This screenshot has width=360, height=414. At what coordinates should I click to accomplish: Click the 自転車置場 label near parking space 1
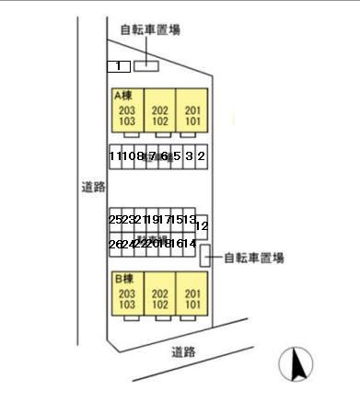(x=150, y=29)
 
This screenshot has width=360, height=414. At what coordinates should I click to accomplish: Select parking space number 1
(x=117, y=66)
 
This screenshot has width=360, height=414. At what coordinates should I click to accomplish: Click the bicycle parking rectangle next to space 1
(x=146, y=65)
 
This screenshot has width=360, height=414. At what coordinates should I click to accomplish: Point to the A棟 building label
(x=124, y=95)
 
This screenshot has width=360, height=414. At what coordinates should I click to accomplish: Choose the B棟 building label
(x=124, y=278)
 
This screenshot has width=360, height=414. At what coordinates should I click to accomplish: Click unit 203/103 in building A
(x=127, y=115)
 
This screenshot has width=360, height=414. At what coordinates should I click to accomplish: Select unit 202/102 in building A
(x=159, y=115)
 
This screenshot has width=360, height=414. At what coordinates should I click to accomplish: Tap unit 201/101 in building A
(x=192, y=115)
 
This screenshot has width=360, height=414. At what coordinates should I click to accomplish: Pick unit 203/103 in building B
(x=127, y=298)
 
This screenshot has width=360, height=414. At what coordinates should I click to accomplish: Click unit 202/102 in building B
(x=159, y=298)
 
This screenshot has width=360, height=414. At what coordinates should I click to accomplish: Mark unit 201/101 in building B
(x=192, y=298)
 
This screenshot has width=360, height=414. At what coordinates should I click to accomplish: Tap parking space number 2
(x=201, y=157)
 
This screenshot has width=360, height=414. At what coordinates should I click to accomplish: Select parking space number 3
(x=189, y=157)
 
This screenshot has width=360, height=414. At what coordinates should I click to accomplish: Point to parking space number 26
(x=114, y=244)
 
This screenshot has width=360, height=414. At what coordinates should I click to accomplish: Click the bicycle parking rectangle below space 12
(x=205, y=258)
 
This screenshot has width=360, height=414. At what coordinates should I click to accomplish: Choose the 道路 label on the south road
(x=183, y=351)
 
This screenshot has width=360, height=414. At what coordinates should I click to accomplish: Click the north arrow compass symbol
(x=297, y=364)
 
